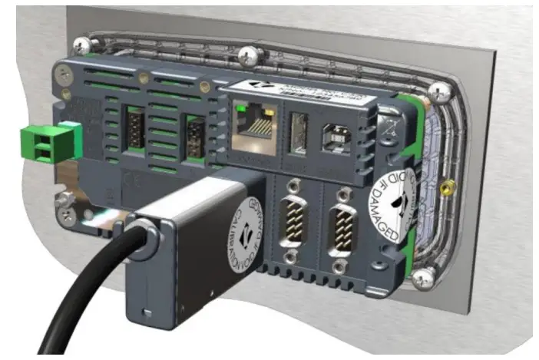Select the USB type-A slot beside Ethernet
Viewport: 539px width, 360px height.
point(299,137)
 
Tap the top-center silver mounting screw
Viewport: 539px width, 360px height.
point(247,55)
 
